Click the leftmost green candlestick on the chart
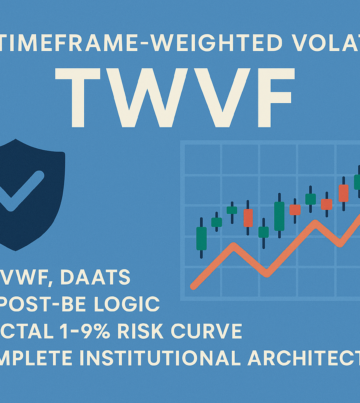click(x=202, y=238)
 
